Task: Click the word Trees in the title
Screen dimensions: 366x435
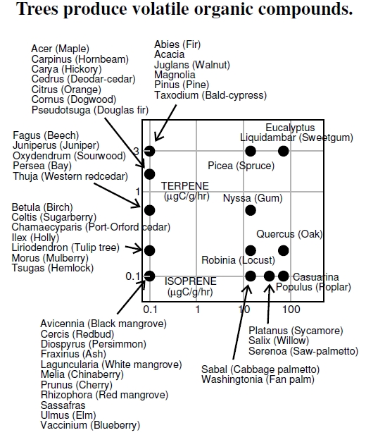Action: tap(38, 8)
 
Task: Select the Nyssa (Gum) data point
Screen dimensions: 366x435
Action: tap(251, 210)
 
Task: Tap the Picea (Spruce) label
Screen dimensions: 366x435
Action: tap(241, 166)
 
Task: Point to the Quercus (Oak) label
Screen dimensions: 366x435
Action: tap(289, 234)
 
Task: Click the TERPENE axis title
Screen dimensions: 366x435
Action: tap(185, 186)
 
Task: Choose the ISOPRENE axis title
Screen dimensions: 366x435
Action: tap(191, 281)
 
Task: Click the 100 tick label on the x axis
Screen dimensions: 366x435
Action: tap(291, 310)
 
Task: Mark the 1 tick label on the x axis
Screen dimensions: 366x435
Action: tap(197, 310)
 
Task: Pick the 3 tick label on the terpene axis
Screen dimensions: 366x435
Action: tap(136, 151)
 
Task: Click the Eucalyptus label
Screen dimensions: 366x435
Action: tap(290, 128)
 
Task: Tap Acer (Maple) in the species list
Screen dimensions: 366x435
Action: tap(60, 49)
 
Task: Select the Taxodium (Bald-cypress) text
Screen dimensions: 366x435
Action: tap(210, 95)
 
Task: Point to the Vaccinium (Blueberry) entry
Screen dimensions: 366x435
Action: tap(90, 425)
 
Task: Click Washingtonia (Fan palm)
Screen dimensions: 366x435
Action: tap(258, 379)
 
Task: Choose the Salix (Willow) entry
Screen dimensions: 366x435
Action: tap(279, 341)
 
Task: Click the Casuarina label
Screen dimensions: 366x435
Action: tap(315, 277)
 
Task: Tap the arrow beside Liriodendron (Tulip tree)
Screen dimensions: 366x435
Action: tap(134, 248)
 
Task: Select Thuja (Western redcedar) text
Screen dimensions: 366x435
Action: tap(70, 176)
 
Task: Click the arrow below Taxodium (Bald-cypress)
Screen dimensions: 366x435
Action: tap(165, 123)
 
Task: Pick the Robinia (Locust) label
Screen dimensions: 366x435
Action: tap(238, 260)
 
